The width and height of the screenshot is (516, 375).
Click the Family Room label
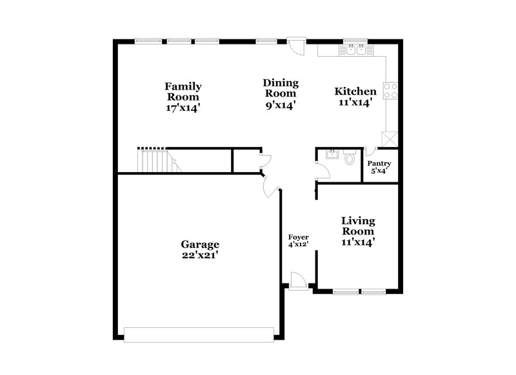pyautogui.click(x=183, y=97)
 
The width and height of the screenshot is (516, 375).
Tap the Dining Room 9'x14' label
pyautogui.click(x=281, y=93)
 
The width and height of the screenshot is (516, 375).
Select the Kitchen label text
pyautogui.click(x=355, y=97)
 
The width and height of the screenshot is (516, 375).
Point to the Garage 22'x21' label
pyautogui.click(x=200, y=249)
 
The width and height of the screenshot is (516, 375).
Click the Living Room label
pyautogui.click(x=358, y=231)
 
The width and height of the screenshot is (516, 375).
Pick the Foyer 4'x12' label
pyautogui.click(x=297, y=240)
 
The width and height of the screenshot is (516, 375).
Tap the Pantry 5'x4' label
pyautogui.click(x=379, y=168)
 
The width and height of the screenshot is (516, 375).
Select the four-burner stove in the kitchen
pyautogui.click(x=391, y=91)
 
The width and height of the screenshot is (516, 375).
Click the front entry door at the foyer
pyautogui.click(x=298, y=281)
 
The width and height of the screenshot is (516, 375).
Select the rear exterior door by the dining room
pyautogui.click(x=296, y=46)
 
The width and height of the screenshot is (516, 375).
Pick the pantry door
pyautogui.click(x=370, y=152)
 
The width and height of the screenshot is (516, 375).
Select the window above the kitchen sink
pyautogui.click(x=355, y=41)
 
